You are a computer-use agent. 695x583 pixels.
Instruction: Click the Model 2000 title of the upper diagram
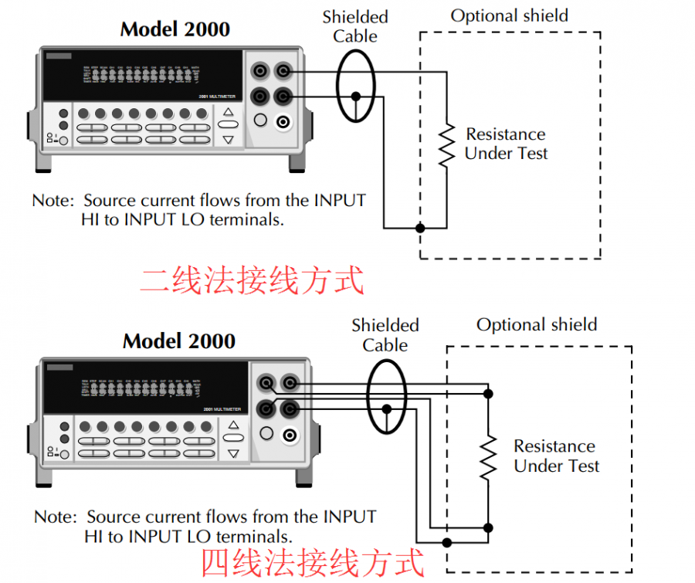tap(175, 29)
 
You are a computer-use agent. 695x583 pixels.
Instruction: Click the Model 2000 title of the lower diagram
tap(178, 341)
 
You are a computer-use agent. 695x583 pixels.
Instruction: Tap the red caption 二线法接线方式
tap(252, 280)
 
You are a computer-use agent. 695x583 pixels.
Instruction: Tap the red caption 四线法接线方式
tap(313, 563)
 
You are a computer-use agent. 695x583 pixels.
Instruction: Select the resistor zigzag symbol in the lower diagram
tap(488, 456)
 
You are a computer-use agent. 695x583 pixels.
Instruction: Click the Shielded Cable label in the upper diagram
tap(355, 26)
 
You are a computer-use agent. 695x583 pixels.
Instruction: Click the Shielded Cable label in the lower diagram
tap(385, 335)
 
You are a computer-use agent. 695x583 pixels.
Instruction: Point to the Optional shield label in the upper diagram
tap(509, 15)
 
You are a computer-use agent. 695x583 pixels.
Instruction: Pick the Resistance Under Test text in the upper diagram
tap(506, 144)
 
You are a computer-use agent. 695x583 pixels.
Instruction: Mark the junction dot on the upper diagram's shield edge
tap(420, 228)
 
